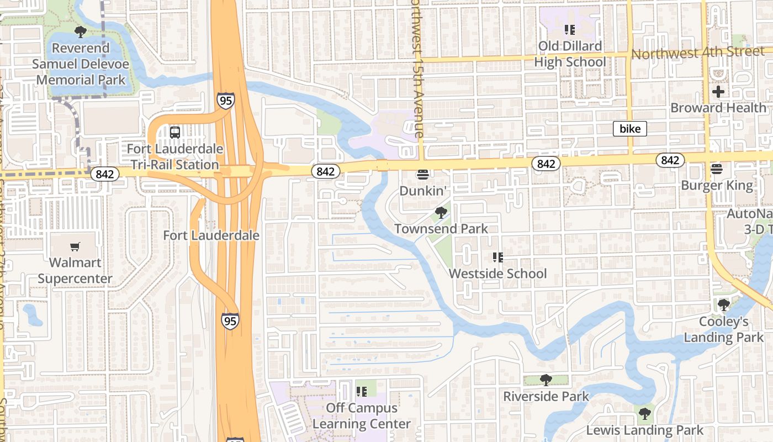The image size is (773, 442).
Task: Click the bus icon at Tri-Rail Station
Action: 175,133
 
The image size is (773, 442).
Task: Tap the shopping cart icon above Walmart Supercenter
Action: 75,247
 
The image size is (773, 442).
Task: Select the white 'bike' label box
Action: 630,129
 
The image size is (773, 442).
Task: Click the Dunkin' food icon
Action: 423,175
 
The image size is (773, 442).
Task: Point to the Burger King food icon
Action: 717,169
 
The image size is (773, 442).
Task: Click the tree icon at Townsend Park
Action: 441,213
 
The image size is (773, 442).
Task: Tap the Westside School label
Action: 497,273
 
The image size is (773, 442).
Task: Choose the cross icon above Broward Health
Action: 718,91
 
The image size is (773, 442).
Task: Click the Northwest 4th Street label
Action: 698,53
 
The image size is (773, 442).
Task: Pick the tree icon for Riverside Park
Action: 546,380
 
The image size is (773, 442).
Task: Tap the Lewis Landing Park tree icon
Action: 644,414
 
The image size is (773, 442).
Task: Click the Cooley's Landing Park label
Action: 723,329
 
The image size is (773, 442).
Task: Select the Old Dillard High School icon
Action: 569,29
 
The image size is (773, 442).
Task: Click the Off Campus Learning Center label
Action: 362,416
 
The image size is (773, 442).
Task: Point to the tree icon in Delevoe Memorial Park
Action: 81,32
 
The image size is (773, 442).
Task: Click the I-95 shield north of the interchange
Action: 225,101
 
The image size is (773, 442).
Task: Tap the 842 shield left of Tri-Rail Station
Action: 104,174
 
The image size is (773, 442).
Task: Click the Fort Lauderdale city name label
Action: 211,235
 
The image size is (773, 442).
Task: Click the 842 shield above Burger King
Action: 670,160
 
